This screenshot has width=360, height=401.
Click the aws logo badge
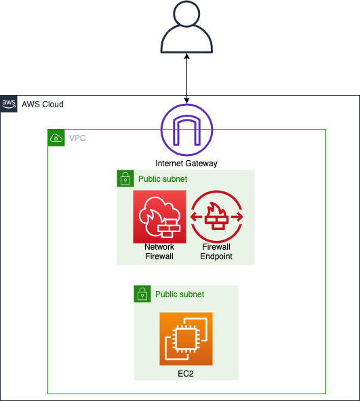click(9, 104)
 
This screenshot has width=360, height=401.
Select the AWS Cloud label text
click(43, 104)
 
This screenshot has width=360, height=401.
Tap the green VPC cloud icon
click(56, 138)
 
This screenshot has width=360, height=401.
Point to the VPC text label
click(77, 138)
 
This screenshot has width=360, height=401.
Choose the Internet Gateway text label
click(186, 164)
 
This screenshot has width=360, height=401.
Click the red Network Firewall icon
click(160, 216)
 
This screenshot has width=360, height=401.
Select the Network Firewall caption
click(159, 252)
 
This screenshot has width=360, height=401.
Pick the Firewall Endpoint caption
click(216, 252)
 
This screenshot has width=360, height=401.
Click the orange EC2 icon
click(186, 339)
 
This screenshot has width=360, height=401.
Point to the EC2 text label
click(186, 374)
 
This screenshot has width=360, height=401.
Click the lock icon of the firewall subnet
click(125, 178)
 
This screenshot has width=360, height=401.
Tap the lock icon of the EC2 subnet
click(142, 294)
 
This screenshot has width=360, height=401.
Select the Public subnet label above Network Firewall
click(163, 179)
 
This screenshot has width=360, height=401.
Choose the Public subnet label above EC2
click(180, 294)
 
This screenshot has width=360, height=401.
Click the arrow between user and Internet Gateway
click(186, 79)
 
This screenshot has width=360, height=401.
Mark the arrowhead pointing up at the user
click(186, 56)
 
